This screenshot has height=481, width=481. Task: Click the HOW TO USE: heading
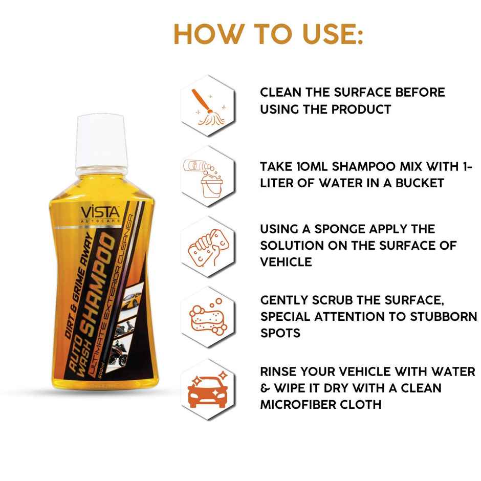click(268, 34)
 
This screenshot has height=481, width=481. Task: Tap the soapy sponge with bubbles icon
click(207, 317)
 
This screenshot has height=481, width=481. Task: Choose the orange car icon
click(207, 390)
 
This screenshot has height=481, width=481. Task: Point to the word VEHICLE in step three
click(286, 261)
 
